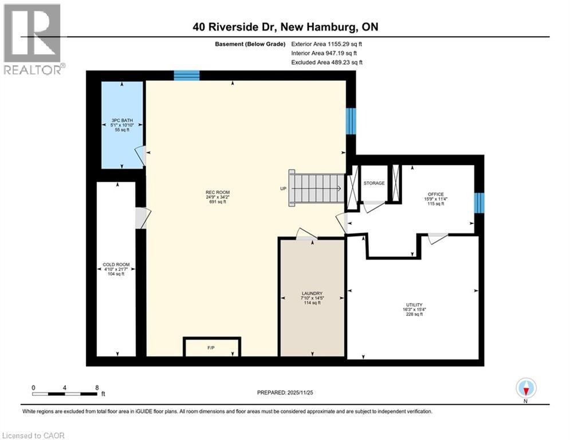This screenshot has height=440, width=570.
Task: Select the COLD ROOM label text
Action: point(116,265)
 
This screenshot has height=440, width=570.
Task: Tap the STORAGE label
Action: point(374,183)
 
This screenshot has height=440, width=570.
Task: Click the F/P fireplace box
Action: point(211,347)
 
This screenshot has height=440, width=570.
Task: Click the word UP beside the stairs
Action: point(283,188)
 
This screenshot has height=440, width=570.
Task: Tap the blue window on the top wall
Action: point(187,75)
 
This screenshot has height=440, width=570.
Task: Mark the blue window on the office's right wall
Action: point(479,202)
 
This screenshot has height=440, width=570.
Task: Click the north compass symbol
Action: point(525,388)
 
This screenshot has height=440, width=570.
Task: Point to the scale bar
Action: point(65,394)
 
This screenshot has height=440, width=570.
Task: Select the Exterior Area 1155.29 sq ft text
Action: point(327,44)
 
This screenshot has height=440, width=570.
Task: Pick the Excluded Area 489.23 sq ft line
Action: point(327,62)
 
